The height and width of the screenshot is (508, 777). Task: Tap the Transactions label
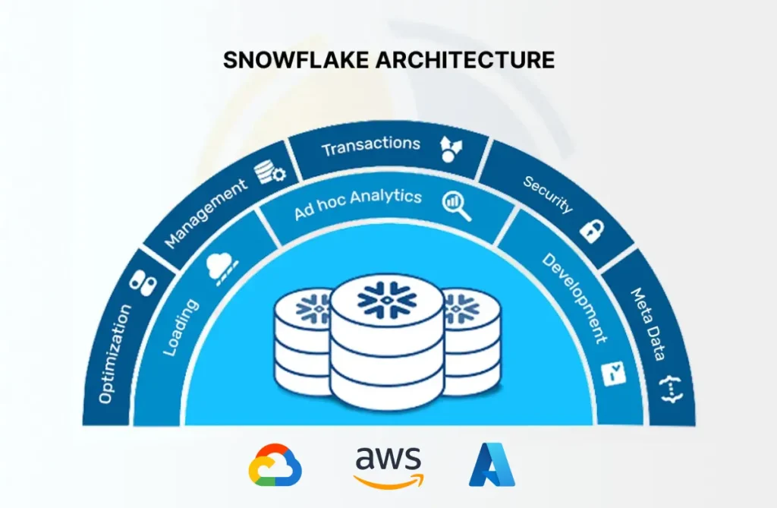pos(371,145)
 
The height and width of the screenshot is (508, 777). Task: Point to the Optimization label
pos(115,353)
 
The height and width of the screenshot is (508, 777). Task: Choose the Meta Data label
pos(650,324)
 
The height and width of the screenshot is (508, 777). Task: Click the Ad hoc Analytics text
pos(358,204)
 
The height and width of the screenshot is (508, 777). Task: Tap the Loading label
pos(181,327)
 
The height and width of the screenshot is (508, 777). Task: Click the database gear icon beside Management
pos(269,172)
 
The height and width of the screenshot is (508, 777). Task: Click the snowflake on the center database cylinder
pos(387,299)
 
